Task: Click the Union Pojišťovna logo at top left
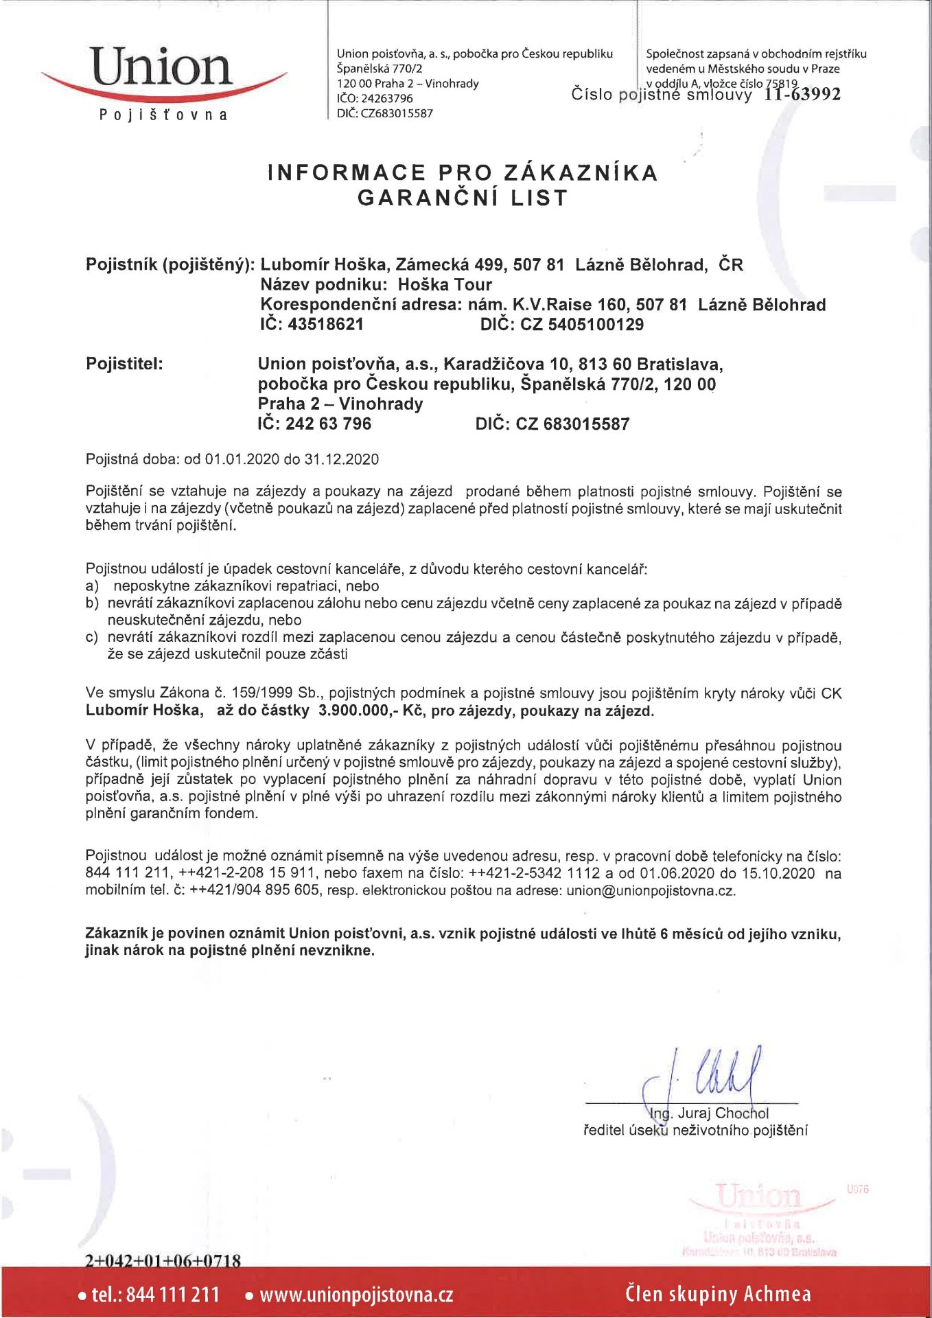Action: coord(163,81)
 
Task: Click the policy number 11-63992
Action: coord(802,94)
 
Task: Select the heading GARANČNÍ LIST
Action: coord(463,198)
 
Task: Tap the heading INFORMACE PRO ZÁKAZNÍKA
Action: coord(463,172)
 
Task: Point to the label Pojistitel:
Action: coord(124,364)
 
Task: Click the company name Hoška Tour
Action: coord(445,285)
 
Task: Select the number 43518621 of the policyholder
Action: coord(326,325)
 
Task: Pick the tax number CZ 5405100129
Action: coord(582,325)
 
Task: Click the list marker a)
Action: coord(93,586)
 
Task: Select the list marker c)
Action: coord(93,638)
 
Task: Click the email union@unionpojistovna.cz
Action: coord(651,891)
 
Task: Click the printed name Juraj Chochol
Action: coord(723,1113)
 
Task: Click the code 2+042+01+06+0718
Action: coord(163,1260)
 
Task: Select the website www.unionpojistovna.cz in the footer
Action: coord(356,1295)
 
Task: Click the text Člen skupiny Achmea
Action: coord(718,1294)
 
